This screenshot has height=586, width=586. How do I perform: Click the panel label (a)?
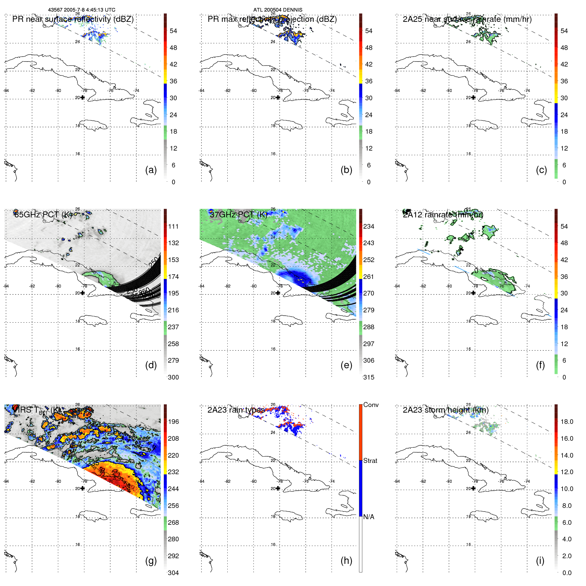(x=151, y=170)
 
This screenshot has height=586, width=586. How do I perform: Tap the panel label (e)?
(x=346, y=365)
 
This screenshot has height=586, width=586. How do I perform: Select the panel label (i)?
(x=540, y=561)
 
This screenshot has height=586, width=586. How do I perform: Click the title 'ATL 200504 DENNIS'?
(x=278, y=10)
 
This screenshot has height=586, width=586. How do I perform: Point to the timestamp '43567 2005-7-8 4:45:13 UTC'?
(x=82, y=10)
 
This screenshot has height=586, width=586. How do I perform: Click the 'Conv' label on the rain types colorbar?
(x=371, y=405)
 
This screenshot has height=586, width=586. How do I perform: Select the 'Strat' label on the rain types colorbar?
(x=370, y=461)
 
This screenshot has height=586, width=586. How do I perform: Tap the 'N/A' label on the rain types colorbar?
(x=369, y=517)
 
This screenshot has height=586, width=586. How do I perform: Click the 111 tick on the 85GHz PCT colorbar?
(x=173, y=226)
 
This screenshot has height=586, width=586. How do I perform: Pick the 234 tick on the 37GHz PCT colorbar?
(x=369, y=226)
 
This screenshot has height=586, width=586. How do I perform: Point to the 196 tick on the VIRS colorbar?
(x=173, y=422)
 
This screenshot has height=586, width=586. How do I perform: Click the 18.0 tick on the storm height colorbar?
(x=566, y=422)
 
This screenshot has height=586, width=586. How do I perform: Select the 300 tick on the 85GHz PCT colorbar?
(x=173, y=377)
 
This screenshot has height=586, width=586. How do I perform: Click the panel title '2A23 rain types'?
(x=236, y=410)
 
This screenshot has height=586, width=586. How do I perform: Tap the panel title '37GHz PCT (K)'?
(x=238, y=215)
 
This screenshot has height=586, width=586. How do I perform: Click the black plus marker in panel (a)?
(x=82, y=98)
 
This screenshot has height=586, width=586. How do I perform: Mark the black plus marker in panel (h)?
(x=278, y=488)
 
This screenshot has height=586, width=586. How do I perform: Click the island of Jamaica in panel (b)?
(x=289, y=125)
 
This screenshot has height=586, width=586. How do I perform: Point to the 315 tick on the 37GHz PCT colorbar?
(x=369, y=377)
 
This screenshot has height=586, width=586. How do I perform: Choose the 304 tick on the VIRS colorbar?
(x=173, y=573)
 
